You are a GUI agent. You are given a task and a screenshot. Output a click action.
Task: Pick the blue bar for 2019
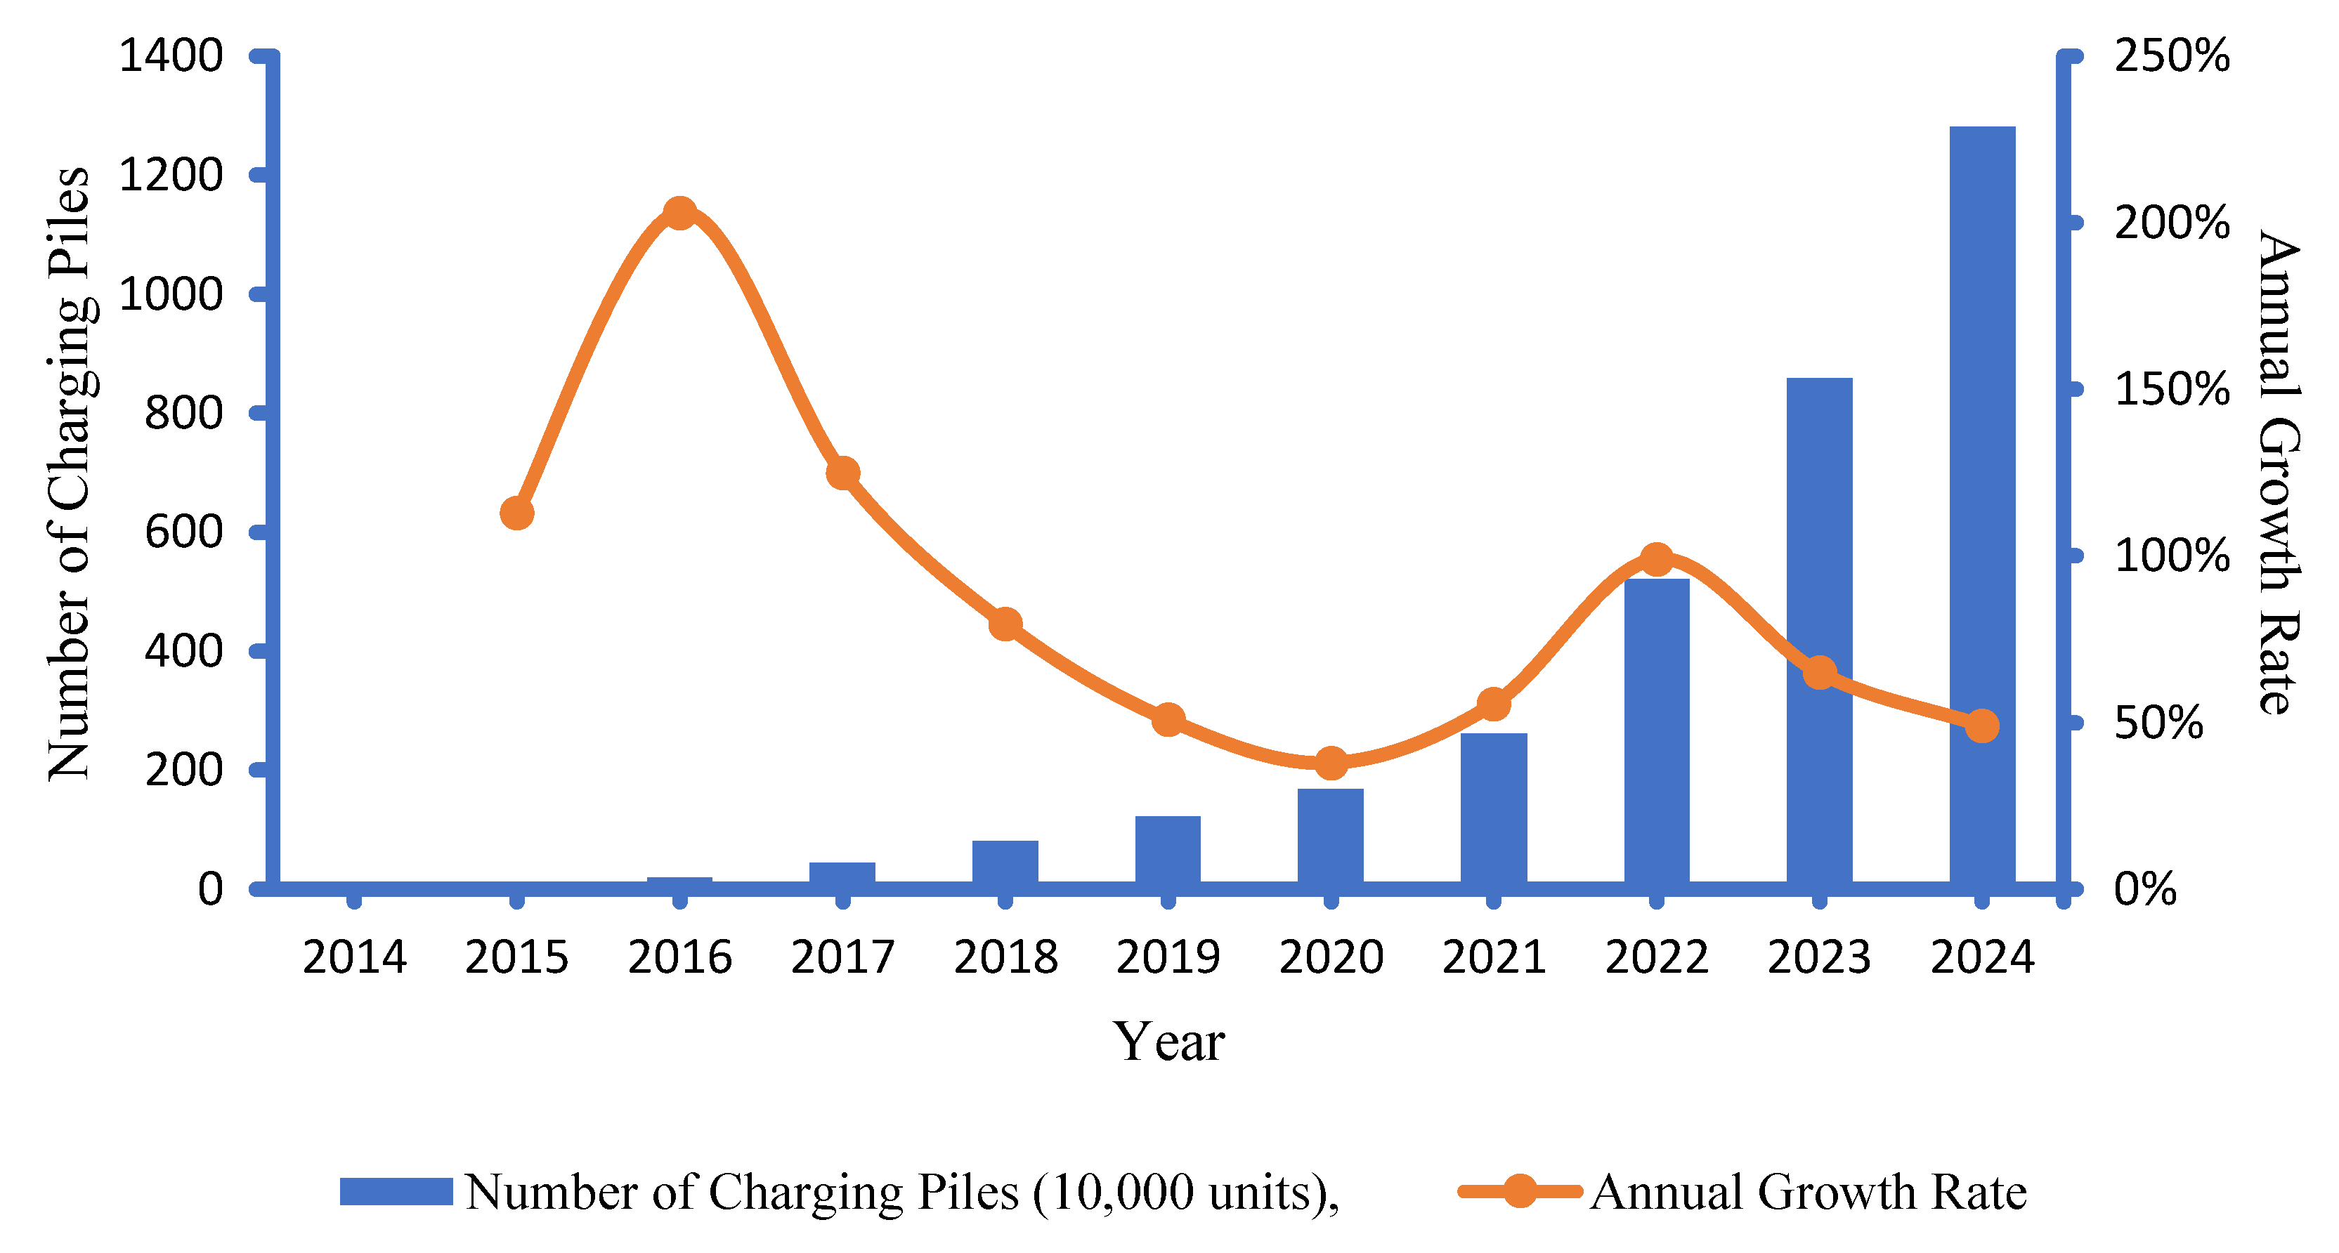tap(1168, 849)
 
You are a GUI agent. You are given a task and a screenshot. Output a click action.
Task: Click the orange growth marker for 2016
tap(679, 214)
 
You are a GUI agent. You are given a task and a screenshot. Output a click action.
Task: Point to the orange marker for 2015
tap(516, 513)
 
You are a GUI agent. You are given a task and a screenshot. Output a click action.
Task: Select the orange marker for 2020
tap(1331, 763)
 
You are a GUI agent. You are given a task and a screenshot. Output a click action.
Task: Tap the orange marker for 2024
tap(1982, 726)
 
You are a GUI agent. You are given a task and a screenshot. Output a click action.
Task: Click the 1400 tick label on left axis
tap(171, 56)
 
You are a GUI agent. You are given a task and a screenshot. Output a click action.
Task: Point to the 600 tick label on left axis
tap(183, 532)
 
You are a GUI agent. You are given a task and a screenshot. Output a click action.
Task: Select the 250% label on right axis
tap(2171, 56)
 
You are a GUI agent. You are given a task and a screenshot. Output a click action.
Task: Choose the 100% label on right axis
tap(2171, 556)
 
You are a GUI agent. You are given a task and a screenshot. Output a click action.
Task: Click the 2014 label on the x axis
tap(354, 958)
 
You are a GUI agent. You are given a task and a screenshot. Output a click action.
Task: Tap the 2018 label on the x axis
tap(1005, 958)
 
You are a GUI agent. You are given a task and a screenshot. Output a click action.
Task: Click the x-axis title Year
tap(1168, 1042)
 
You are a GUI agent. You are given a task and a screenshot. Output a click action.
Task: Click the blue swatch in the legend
tap(396, 1191)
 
